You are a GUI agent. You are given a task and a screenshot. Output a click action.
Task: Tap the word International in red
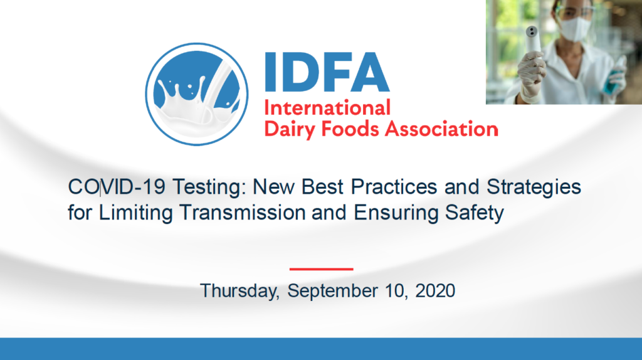327,107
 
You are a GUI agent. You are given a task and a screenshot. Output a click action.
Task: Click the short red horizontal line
321,268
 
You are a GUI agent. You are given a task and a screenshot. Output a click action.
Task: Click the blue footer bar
321,349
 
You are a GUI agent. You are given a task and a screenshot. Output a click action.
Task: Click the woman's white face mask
576,29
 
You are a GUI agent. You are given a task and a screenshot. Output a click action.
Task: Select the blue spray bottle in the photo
618,78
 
